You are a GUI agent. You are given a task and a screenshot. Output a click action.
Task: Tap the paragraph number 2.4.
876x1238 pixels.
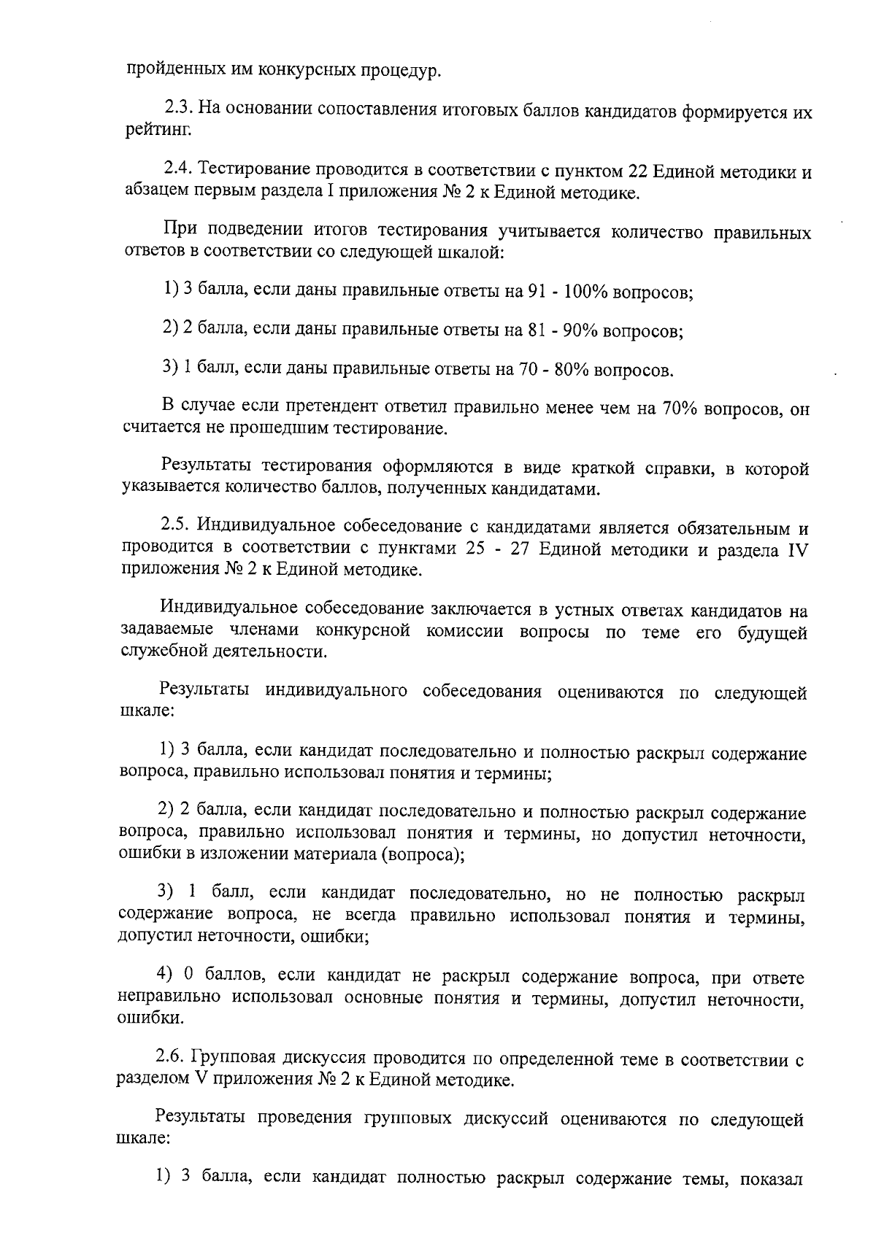point(178,172)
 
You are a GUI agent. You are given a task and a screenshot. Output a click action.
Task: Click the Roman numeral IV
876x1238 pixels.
point(796,549)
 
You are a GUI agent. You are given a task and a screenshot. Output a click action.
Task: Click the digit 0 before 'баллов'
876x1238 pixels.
point(187,977)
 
